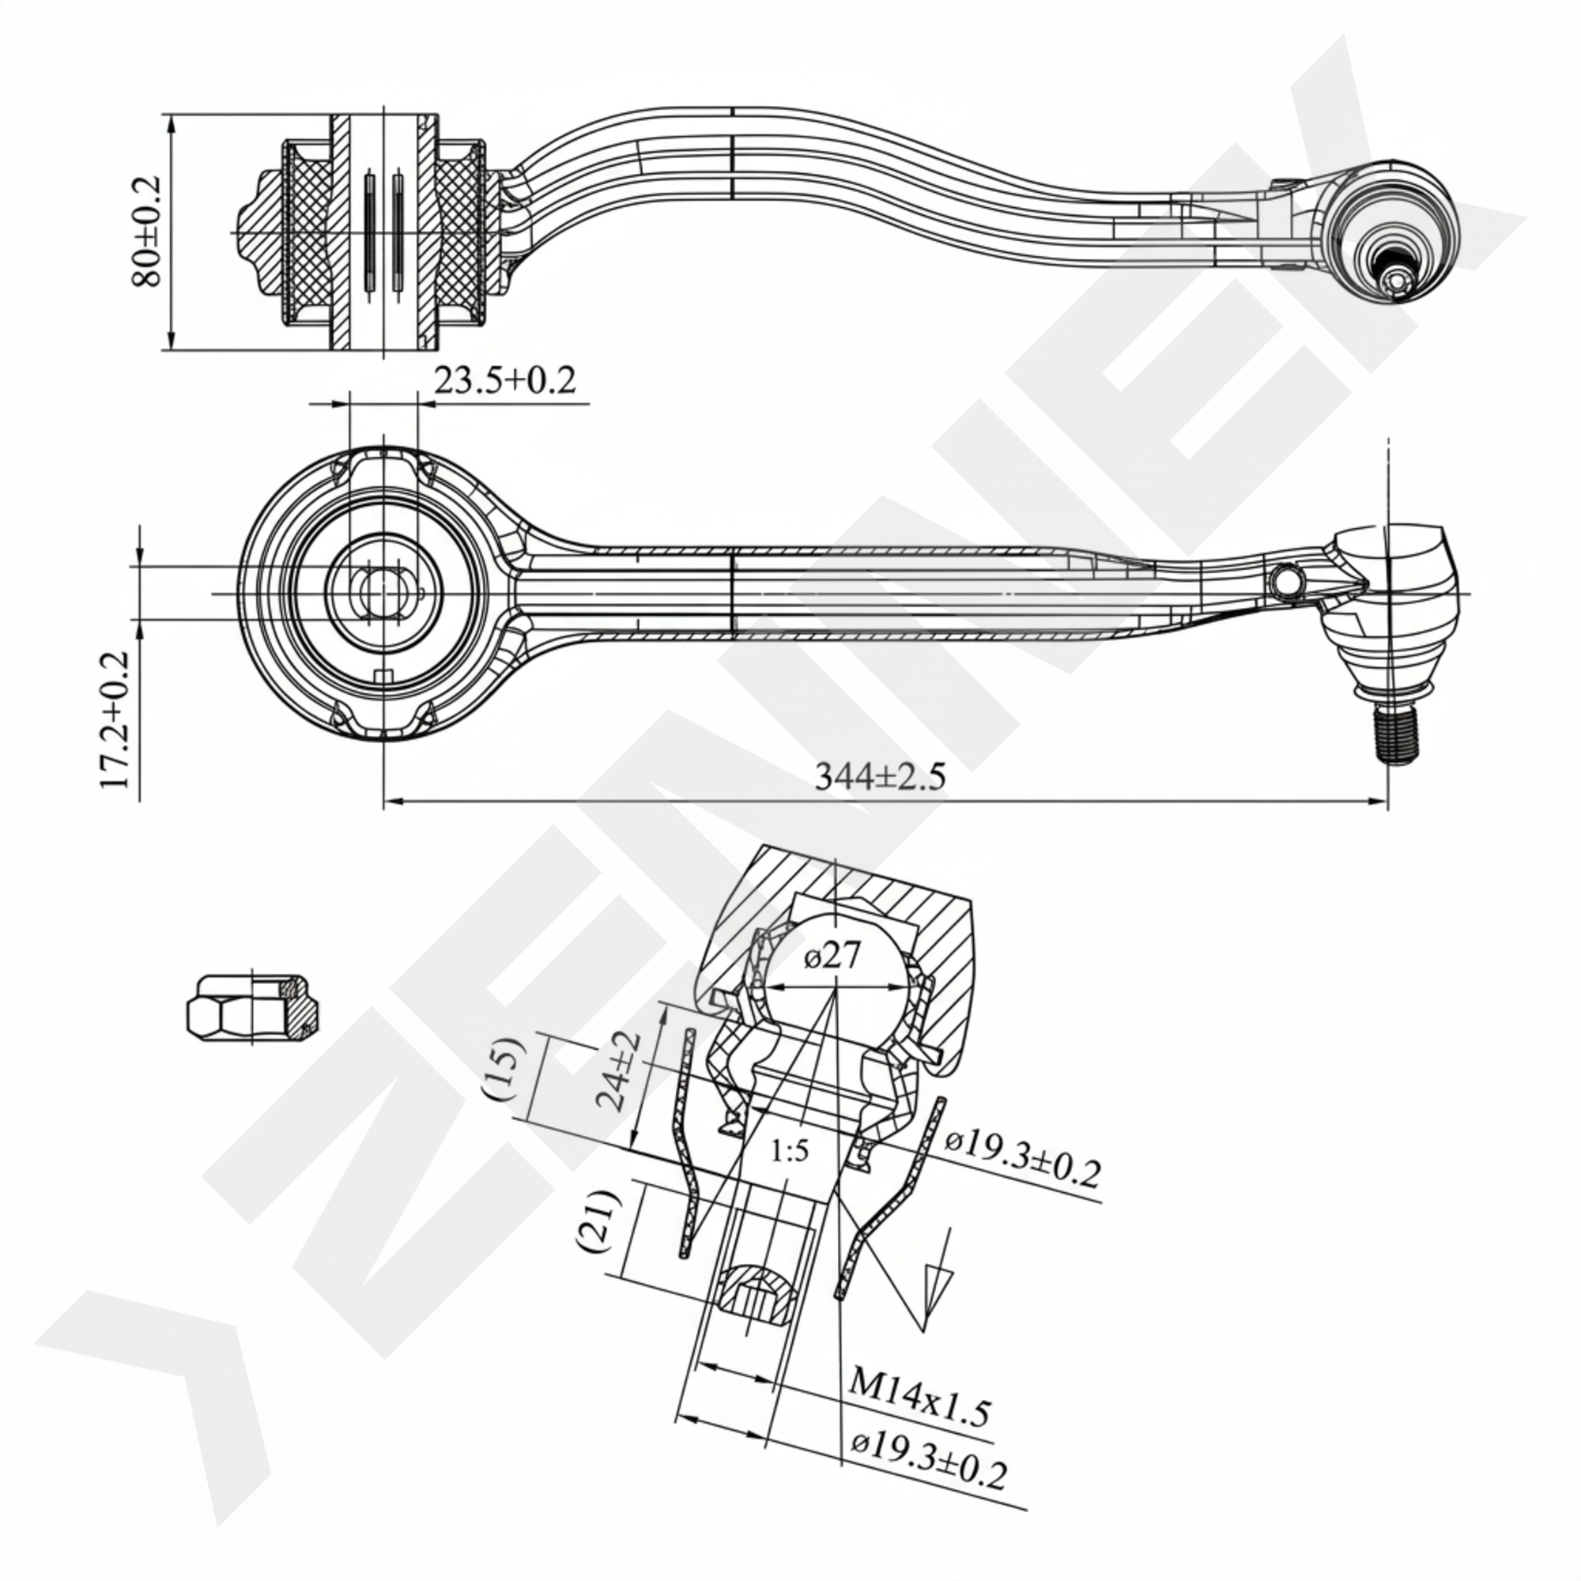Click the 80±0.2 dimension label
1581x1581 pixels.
coord(147,232)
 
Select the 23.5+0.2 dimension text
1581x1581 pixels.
coord(504,380)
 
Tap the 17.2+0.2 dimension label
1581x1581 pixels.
coord(115,720)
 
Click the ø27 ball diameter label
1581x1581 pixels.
coord(832,956)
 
